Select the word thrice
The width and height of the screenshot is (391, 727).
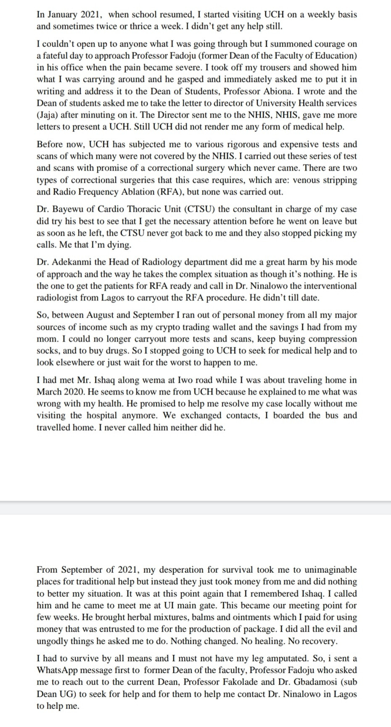[126, 26]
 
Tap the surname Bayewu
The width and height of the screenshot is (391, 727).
[68, 209]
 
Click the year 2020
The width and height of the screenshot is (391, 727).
[77, 392]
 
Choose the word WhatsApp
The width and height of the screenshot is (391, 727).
[57, 670]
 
